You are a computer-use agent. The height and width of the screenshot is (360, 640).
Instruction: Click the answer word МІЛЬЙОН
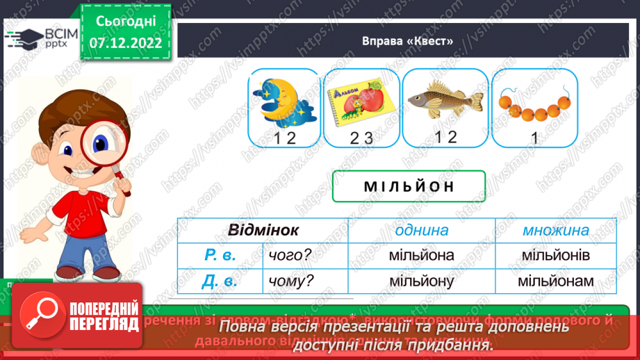pyautogui.click(x=409, y=186)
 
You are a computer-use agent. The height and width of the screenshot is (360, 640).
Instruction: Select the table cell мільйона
pyautogui.click(x=422, y=256)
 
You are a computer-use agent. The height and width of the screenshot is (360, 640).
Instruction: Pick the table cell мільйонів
pyautogui.click(x=555, y=256)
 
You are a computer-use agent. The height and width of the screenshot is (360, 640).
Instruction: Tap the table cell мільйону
pyautogui.click(x=422, y=281)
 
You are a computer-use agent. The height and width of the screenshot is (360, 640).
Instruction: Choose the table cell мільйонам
pyautogui.click(x=555, y=281)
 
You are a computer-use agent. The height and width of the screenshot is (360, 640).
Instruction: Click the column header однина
pyautogui.click(x=422, y=230)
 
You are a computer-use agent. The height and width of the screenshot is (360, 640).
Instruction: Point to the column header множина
pyautogui.click(x=555, y=230)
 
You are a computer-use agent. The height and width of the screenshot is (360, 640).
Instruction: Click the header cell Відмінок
pyautogui.click(x=263, y=230)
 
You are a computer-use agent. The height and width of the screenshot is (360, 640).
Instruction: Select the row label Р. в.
pyautogui.click(x=221, y=256)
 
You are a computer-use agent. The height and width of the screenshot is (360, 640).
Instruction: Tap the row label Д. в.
pyautogui.click(x=221, y=281)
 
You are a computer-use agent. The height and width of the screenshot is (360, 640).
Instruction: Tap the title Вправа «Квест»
pyautogui.click(x=408, y=40)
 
